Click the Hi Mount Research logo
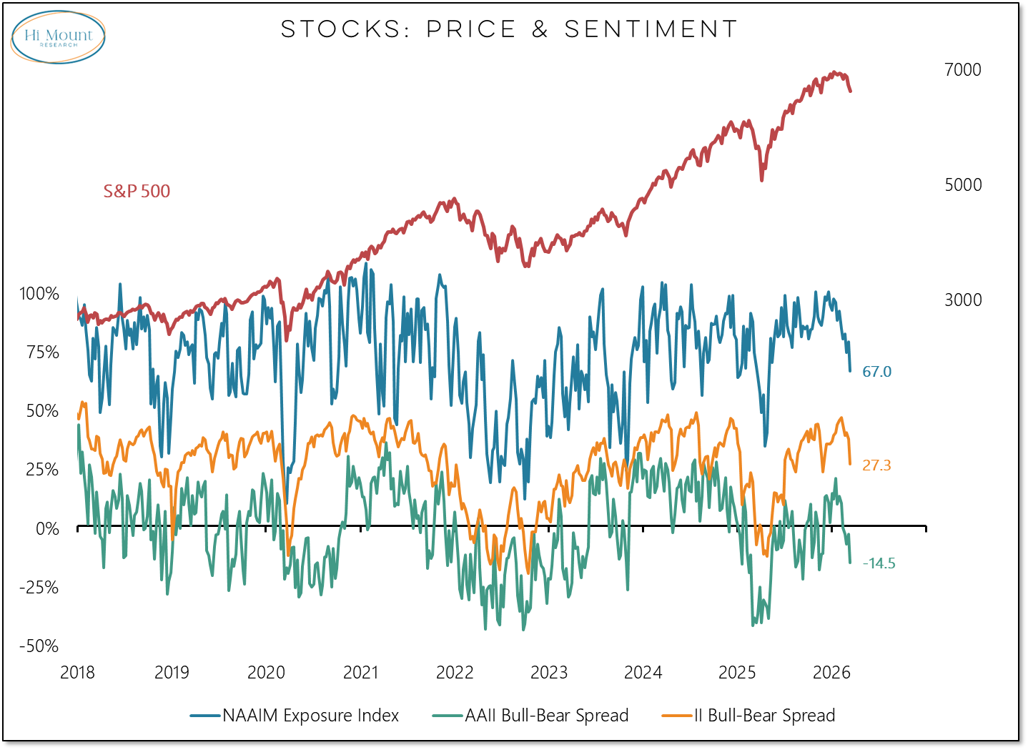(59, 37)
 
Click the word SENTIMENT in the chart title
(651, 29)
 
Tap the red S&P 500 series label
(137, 192)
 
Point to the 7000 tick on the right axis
(962, 70)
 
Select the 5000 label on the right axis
(962, 184)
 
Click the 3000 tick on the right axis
(962, 300)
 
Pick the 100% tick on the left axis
(39, 294)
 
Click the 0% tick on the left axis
(47, 528)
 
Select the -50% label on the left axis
(39, 646)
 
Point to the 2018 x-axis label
(77, 673)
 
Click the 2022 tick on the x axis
(455, 673)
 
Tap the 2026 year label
(831, 673)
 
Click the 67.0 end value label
(876, 372)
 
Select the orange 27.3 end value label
(876, 465)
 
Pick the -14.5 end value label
(879, 563)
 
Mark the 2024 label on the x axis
(643, 673)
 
